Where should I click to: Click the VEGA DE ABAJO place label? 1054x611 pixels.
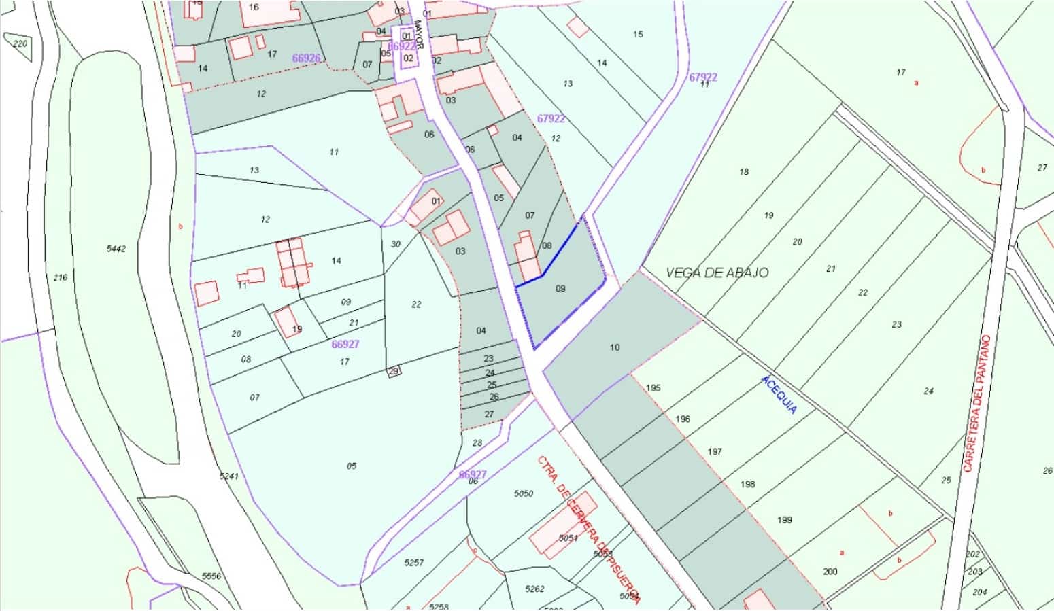(717, 273)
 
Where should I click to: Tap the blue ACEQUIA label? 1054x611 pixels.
(779, 394)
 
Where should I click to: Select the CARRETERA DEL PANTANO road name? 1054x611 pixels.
(977, 403)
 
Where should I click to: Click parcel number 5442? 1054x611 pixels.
(116, 249)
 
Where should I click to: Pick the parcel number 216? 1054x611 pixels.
(61, 277)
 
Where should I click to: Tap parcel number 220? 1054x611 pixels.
(20, 44)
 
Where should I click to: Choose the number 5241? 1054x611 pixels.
(229, 476)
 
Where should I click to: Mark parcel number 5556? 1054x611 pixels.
(211, 576)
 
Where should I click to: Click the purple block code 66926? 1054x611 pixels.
(306, 58)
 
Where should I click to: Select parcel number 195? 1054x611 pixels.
(653, 388)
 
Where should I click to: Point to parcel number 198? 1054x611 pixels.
(747, 485)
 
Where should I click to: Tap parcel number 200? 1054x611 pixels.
(830, 572)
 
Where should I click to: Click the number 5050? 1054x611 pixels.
(524, 493)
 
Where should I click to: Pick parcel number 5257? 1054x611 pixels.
(413, 563)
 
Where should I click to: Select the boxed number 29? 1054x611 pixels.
(394, 371)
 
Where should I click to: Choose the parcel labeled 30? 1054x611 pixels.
(396, 244)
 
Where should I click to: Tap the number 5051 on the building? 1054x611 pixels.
(568, 538)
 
